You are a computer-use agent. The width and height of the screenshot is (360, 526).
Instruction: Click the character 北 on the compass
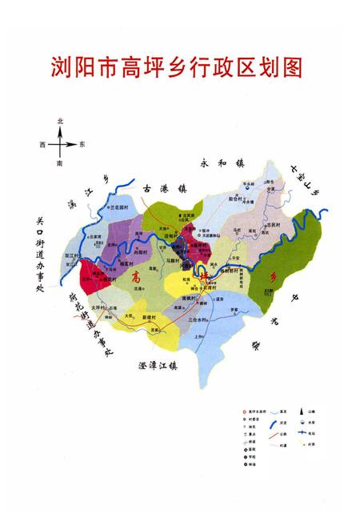61,120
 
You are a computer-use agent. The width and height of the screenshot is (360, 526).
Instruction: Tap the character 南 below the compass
61,163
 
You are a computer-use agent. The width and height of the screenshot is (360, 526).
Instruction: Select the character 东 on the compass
82,144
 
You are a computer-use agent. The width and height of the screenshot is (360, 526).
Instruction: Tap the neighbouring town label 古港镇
163,188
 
